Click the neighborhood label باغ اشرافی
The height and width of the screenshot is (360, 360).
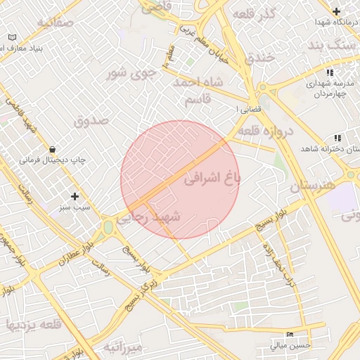212,178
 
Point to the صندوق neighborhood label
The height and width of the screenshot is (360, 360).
91,120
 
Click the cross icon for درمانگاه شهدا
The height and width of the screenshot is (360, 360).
337,12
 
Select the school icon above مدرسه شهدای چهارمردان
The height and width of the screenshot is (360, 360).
329,72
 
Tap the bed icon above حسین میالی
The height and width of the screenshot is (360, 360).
289,335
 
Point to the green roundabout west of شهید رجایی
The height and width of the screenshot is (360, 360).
108,227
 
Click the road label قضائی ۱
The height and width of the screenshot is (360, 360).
250,110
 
